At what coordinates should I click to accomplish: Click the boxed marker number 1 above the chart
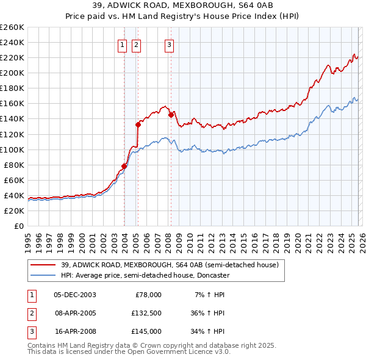(x=123, y=44)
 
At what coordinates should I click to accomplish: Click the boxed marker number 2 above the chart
(x=135, y=44)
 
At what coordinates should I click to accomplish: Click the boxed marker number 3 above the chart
(x=169, y=44)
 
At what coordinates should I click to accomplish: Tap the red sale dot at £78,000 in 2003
(x=124, y=166)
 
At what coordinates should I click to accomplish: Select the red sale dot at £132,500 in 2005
(x=138, y=124)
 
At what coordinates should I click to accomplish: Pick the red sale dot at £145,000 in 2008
(x=171, y=115)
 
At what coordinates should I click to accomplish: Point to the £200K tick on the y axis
(x=12, y=73)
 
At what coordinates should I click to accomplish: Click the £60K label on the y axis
(x=15, y=180)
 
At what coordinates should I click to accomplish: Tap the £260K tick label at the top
(x=12, y=27)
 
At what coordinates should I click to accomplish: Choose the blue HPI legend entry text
(x=145, y=275)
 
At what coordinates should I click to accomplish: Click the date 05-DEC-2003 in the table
(x=74, y=295)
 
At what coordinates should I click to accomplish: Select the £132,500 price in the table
(x=145, y=313)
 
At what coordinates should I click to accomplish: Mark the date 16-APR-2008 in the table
(x=74, y=331)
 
